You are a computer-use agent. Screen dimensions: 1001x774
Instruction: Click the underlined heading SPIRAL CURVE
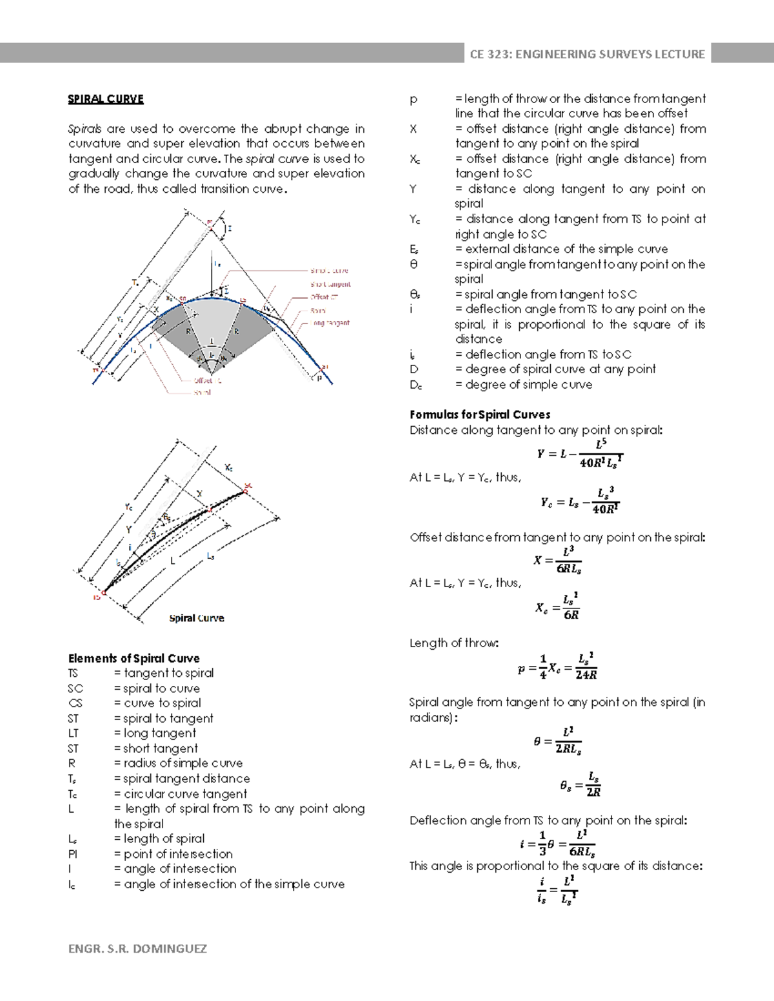(106, 99)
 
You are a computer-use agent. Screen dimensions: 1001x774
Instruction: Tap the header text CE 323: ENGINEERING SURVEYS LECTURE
(587, 54)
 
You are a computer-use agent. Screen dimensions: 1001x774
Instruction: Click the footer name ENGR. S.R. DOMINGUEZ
(137, 948)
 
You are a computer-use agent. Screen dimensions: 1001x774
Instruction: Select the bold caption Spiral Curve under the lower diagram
(196, 618)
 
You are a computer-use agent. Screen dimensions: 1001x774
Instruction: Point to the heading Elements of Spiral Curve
(134, 658)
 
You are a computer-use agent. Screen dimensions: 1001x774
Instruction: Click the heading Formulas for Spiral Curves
(480, 414)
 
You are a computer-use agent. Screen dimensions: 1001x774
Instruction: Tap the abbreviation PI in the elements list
(73, 854)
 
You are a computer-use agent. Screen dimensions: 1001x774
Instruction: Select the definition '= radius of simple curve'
(178, 763)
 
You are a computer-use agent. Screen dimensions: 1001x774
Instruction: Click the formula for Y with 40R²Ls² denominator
(579, 454)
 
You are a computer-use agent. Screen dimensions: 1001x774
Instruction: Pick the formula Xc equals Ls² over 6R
(557, 607)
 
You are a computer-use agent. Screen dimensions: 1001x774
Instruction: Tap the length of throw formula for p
(557, 667)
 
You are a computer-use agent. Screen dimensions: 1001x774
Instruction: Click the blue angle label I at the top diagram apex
(230, 228)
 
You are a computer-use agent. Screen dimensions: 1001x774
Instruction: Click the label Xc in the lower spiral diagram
(228, 467)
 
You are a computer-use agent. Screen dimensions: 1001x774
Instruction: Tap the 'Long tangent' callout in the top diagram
(331, 323)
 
